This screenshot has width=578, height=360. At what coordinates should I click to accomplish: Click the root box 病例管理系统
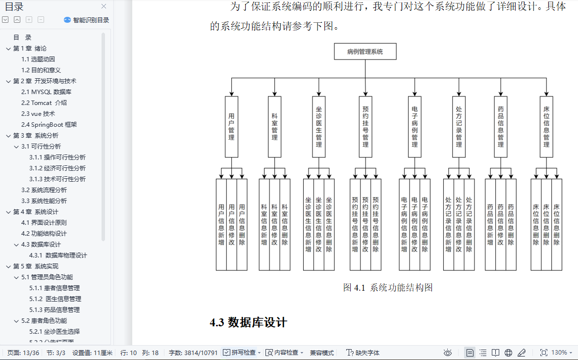365,51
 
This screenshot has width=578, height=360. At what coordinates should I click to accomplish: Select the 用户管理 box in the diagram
231,127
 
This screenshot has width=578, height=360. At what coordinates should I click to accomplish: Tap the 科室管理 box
274,127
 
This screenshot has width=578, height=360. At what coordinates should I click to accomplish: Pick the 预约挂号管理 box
366,127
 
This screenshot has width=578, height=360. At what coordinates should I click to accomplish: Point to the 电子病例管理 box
415,127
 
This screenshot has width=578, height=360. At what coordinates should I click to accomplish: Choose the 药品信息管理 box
501,127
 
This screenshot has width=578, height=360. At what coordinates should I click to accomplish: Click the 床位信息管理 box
546,127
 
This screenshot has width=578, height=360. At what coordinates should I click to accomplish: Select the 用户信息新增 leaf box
221,224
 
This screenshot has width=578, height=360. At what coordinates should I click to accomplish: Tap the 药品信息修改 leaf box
500,224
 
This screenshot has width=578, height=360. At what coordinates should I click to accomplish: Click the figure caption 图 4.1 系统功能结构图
388,288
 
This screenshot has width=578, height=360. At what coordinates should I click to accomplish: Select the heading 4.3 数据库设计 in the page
248,323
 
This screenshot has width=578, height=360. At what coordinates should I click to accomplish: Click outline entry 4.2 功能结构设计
44,234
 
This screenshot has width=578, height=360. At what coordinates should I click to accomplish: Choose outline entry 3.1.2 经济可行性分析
57,168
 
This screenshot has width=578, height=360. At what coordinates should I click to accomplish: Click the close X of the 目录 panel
104,6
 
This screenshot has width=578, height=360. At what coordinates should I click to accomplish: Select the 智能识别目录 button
87,20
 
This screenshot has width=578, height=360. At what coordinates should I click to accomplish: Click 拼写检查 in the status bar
242,353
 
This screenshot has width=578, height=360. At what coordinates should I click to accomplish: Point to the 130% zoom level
559,353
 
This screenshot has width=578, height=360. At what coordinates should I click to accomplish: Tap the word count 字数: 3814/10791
193,353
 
